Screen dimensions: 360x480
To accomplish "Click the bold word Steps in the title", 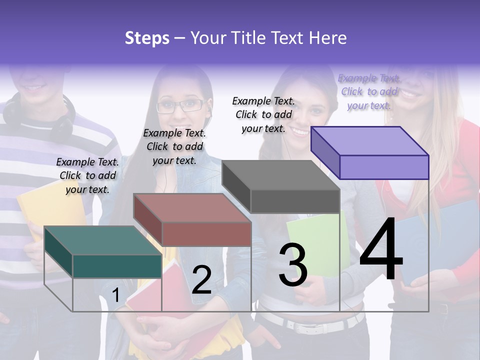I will tap(147, 38).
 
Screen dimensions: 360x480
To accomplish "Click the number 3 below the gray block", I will tap(293, 265).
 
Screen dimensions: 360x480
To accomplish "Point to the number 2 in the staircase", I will tap(201, 280).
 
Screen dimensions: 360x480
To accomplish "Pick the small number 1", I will tap(116, 295).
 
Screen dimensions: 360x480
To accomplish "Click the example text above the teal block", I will tap(87, 175).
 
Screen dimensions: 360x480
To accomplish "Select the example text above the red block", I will tap(174, 146).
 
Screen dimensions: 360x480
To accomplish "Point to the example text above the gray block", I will tap(263, 114).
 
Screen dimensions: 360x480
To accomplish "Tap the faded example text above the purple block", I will tap(369, 91).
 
